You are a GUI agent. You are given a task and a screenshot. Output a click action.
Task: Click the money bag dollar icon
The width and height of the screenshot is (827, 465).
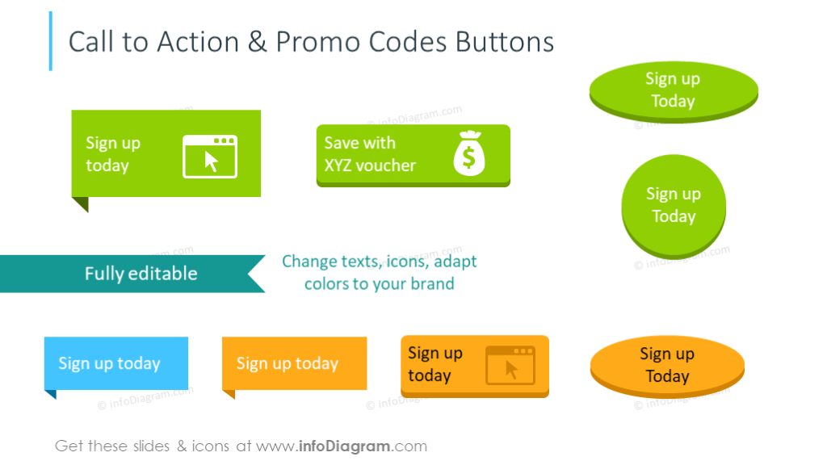pos(469,153)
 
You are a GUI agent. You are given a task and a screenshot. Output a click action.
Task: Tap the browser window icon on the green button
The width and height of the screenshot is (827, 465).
pos(210,156)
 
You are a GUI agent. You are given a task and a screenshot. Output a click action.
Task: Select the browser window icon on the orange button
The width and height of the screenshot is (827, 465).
pos(510,365)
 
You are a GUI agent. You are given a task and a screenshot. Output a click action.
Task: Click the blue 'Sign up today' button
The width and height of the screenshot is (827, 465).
pos(115,363)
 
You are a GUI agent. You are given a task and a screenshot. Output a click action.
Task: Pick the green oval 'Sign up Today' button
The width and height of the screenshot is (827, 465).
pos(674,90)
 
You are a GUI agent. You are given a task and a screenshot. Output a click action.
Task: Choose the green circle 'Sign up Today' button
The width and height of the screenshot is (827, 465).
pos(674,205)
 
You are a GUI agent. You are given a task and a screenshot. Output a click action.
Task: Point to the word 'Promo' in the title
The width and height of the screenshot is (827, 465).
pos(321,42)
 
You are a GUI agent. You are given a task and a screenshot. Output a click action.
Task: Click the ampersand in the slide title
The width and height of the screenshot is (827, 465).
pos(257,42)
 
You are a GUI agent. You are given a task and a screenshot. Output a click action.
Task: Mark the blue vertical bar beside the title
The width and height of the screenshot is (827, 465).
pos(51,40)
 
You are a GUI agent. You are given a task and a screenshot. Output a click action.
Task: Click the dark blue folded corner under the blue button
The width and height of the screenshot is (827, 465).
pos(50,395)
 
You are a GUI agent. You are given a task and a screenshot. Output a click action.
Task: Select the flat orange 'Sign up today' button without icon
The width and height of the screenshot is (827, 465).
pos(294,363)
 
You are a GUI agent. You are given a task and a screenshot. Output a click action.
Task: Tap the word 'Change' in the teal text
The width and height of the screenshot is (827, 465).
pos(307,262)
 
